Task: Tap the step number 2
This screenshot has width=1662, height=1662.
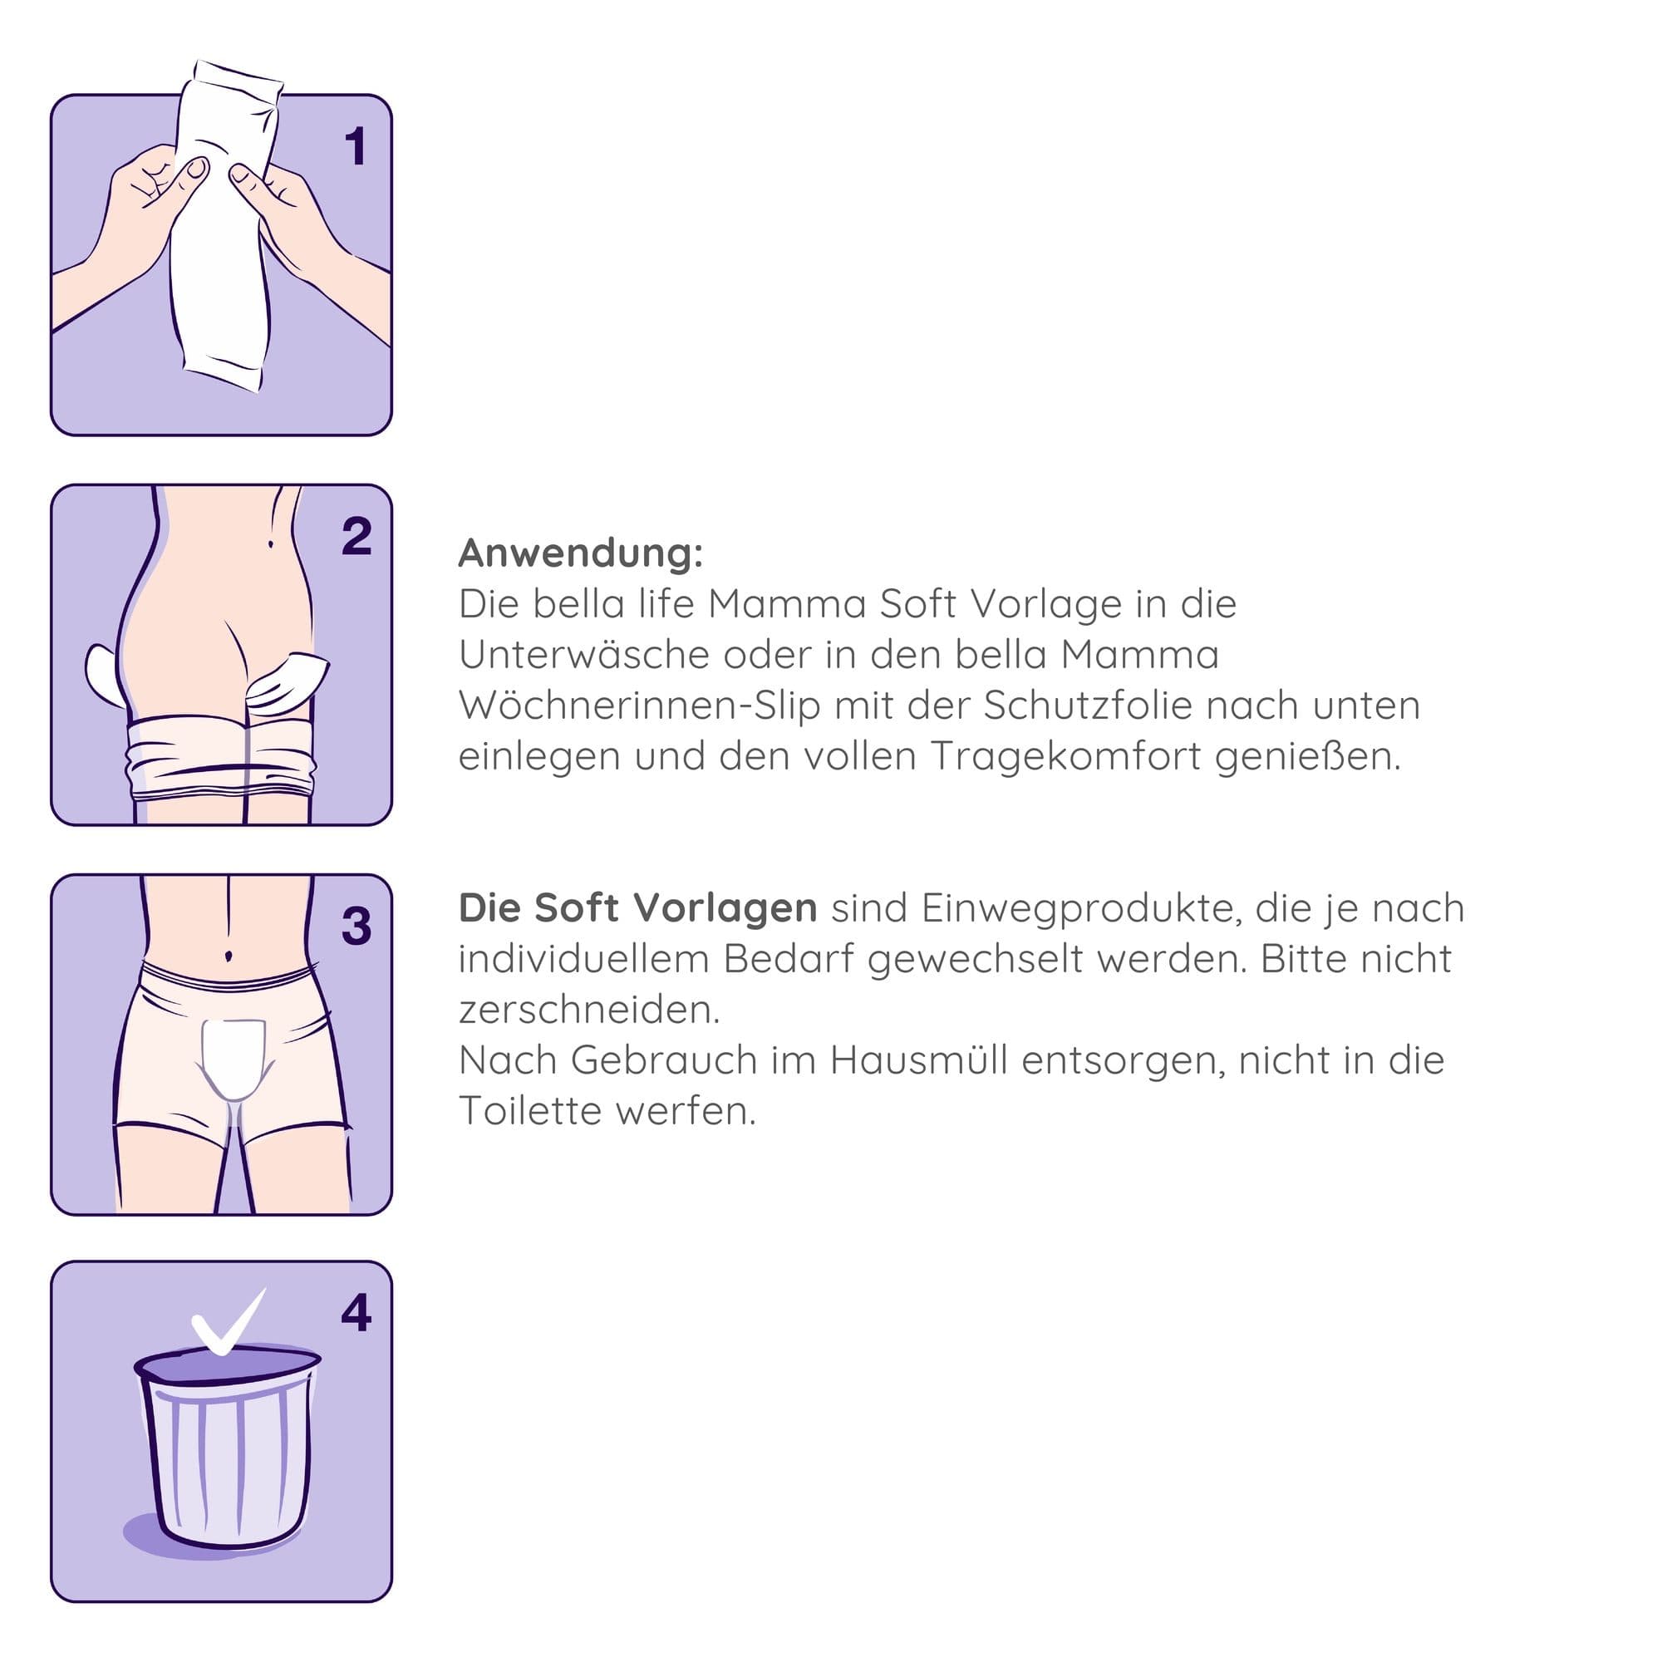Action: click(356, 537)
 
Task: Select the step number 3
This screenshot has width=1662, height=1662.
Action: click(356, 927)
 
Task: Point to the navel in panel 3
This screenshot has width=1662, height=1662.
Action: click(228, 956)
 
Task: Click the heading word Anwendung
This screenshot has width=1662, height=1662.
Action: click(581, 553)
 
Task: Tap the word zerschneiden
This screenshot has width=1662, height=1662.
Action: click(589, 1010)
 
